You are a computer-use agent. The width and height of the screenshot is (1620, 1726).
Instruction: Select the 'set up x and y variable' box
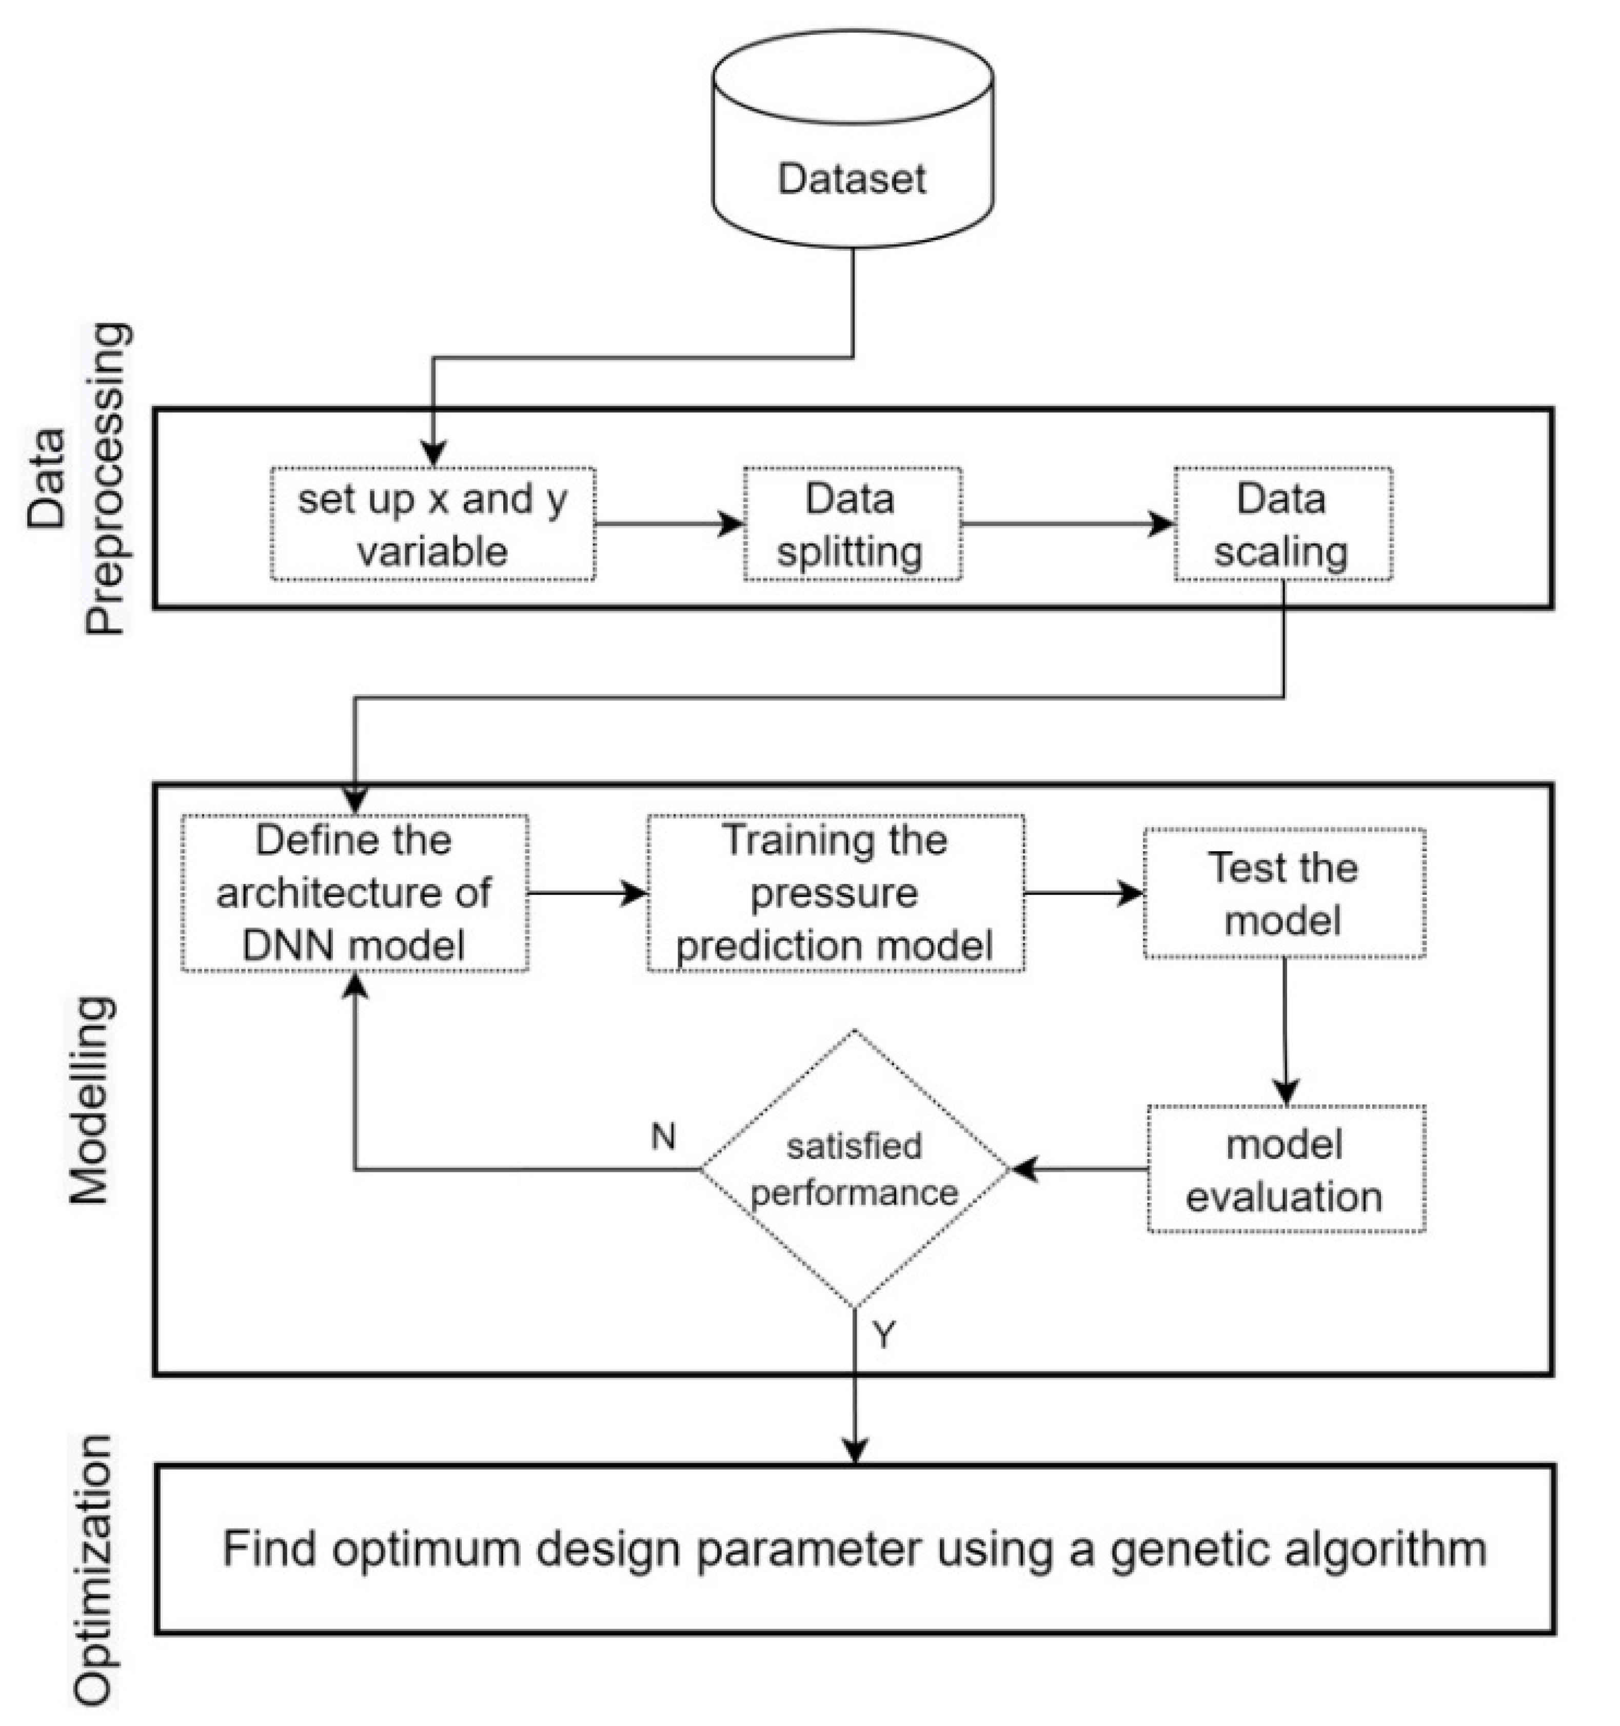(432, 524)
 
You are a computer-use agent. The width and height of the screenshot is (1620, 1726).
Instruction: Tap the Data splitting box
(851, 524)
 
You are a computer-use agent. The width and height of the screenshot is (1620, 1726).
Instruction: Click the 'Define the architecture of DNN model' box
(354, 893)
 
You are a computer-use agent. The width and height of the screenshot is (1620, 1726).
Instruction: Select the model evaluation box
(1285, 1169)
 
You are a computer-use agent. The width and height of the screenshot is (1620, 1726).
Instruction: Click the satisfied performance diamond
(854, 1169)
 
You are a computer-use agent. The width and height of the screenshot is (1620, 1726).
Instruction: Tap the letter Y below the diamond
(883, 1335)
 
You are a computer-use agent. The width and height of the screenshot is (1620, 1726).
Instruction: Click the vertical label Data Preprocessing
(78, 478)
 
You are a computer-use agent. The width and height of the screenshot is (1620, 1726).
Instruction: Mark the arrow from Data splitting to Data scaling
(1068, 524)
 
